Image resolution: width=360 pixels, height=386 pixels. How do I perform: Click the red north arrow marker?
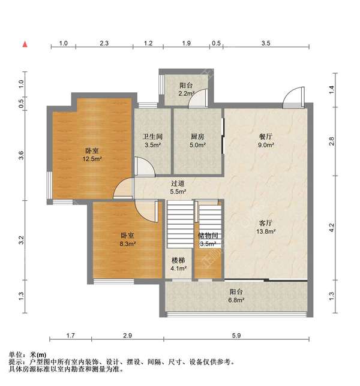[25, 44]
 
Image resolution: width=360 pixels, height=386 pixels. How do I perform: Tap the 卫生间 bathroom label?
[152, 137]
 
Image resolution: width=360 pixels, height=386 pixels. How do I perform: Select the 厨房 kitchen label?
[197, 137]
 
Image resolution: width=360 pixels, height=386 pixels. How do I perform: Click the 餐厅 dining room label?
[266, 137]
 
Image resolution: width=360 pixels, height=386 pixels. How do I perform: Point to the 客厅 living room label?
[266, 223]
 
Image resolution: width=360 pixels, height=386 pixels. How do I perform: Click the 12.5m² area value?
[92, 159]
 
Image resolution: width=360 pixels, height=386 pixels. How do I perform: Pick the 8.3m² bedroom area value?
[128, 244]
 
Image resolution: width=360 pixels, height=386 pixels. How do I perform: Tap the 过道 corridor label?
[178, 183]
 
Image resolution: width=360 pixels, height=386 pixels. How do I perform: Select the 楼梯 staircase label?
[178, 260]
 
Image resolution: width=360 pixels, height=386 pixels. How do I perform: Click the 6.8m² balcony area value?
[236, 300]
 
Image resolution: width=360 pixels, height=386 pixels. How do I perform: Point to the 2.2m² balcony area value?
[187, 94]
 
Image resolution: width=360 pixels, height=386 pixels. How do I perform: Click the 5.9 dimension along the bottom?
[236, 335]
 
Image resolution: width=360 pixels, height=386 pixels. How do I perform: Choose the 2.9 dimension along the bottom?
[127, 335]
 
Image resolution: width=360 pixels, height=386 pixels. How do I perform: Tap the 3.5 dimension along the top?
[266, 43]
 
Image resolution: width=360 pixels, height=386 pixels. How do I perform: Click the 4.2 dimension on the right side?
[332, 227]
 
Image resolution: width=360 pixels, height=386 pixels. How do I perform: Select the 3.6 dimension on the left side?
[21, 155]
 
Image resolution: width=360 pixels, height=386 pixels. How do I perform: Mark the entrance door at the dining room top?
[293, 98]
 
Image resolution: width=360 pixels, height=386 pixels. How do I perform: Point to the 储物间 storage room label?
[208, 236]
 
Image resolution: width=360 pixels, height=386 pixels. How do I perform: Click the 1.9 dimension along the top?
[186, 43]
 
